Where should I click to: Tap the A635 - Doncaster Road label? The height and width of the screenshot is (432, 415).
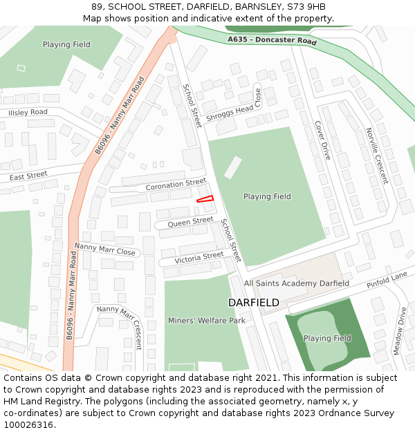[272, 41]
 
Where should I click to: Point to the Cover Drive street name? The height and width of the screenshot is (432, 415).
[323, 140]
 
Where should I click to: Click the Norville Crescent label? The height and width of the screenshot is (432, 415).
[377, 156]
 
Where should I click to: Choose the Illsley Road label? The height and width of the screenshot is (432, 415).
[28, 112]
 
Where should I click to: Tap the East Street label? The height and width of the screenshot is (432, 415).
[28, 177]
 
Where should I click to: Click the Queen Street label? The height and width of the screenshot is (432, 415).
[190, 222]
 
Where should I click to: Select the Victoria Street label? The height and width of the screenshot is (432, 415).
[199, 257]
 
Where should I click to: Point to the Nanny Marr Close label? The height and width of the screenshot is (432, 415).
[105, 249]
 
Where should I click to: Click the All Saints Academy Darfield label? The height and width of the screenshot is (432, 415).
[297, 283]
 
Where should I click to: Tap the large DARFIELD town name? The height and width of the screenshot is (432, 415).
[254, 303]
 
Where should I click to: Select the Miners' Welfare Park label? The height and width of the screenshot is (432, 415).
[207, 321]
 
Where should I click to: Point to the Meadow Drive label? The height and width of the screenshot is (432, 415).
[400, 331]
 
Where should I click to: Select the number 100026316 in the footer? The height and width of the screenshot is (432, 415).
[29, 424]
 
